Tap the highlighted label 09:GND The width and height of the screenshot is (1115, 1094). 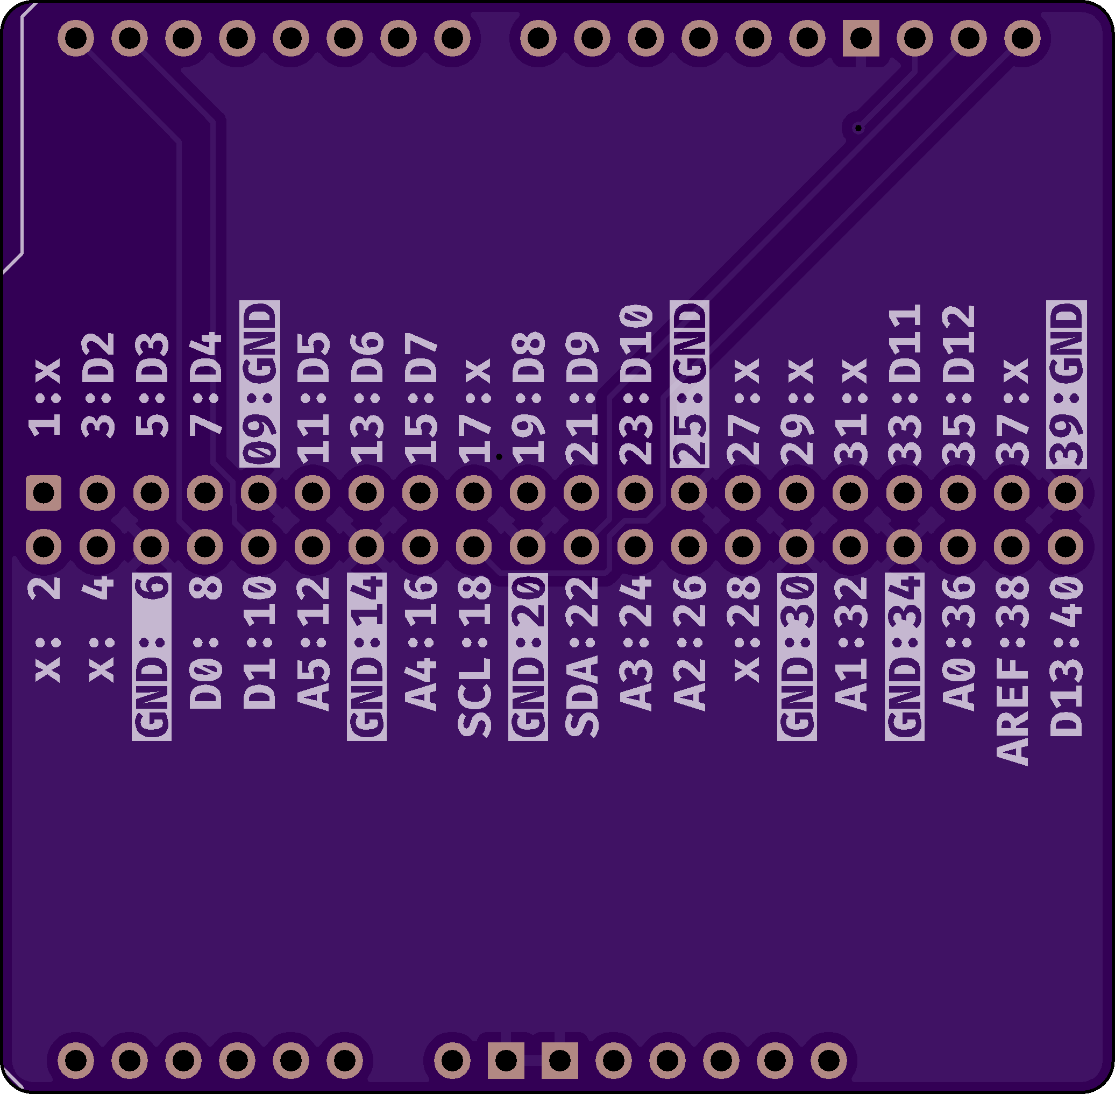[x=260, y=383]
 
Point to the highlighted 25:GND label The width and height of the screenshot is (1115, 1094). [x=690, y=383]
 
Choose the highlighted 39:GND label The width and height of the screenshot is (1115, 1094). [x=1066, y=383]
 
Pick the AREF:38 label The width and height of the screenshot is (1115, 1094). [x=1012, y=670]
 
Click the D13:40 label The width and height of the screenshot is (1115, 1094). [x=1066, y=657]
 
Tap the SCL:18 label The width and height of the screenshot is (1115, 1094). [x=474, y=657]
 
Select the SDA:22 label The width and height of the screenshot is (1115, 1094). [x=582, y=657]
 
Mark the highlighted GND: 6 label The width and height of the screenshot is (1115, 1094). [x=152, y=657]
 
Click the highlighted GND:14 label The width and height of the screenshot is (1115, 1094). [x=366, y=657]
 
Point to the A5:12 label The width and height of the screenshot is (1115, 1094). [x=313, y=644]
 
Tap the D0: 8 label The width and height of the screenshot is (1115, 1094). [x=205, y=644]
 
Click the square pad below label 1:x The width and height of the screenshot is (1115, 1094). [x=44, y=492]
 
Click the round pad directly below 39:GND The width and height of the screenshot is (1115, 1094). [x=1066, y=492]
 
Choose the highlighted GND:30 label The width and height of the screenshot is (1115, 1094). [x=797, y=657]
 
